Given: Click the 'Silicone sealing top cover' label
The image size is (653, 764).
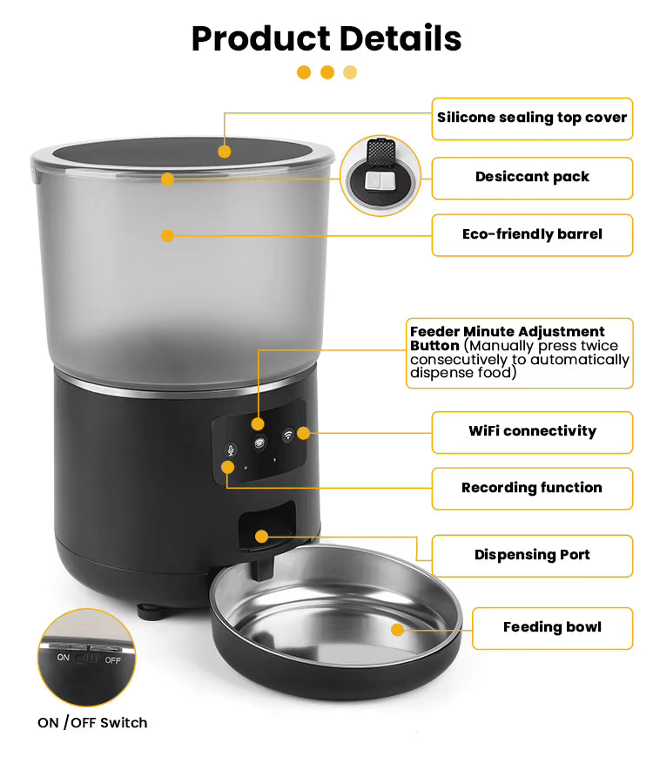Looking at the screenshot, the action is coord(532,118).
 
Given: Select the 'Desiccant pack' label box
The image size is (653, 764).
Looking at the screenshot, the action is coord(532,178).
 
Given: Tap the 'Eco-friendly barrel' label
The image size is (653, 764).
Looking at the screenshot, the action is coord(532,235).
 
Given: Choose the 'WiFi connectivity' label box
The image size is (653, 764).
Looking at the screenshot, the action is coord(532,432).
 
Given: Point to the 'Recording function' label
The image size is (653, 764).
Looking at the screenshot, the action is coord(532,489).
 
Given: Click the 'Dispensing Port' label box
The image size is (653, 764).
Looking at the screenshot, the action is coord(532,556).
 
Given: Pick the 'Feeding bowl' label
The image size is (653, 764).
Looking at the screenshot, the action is coord(552,628).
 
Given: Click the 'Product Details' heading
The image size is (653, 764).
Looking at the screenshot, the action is coord(326,38).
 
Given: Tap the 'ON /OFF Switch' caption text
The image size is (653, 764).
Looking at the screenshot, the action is coord(92,722).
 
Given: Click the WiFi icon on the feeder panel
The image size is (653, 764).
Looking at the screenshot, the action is coord(288,434).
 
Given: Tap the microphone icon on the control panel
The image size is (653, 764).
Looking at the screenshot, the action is coord(231,450).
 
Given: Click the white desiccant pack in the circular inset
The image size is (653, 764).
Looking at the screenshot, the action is coord(380,179).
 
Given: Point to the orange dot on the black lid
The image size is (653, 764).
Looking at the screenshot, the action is coord(225,152).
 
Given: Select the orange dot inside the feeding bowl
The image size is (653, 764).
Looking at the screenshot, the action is coord(398,630).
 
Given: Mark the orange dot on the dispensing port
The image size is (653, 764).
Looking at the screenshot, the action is coord(261,537).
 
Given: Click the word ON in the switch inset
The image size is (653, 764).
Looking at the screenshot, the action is coord(64,658).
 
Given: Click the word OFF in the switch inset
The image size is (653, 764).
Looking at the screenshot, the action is coord(112,660).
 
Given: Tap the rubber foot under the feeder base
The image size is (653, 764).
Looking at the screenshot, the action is coord(150,612).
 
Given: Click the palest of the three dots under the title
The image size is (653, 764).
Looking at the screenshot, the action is coord(350,72).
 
